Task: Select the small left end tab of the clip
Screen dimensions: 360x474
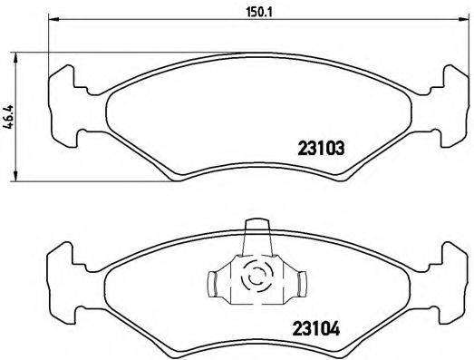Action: tap(213, 284)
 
